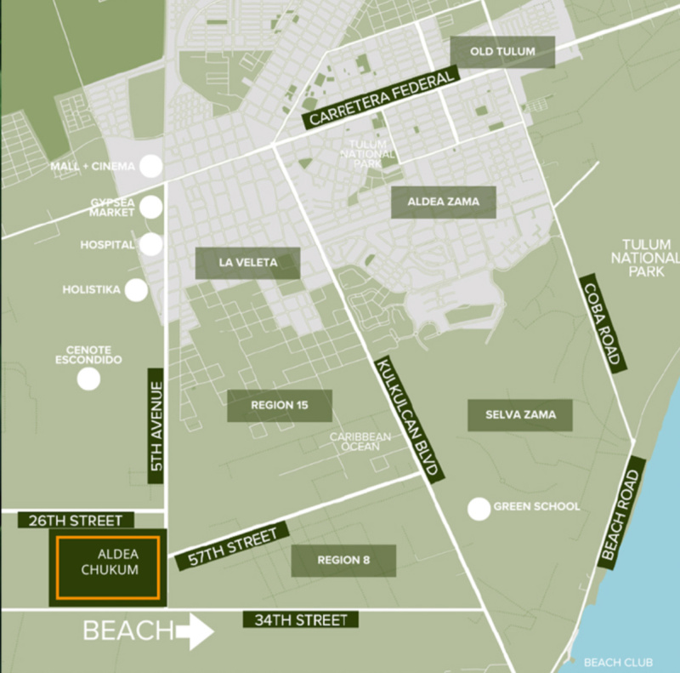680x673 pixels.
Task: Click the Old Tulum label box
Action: (x=502, y=52)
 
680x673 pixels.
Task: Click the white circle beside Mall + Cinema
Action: (x=151, y=165)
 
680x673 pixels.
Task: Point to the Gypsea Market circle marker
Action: (x=151, y=206)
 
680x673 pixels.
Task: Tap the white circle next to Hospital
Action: (x=151, y=245)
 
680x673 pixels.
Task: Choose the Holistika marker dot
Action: (x=136, y=290)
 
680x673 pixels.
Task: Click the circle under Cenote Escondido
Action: (x=88, y=378)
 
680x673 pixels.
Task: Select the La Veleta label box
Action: (x=248, y=263)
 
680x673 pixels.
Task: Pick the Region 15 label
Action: (x=279, y=406)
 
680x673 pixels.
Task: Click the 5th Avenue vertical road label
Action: (x=155, y=425)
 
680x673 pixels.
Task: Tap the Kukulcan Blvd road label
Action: (x=407, y=416)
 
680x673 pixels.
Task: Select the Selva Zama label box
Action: (x=520, y=414)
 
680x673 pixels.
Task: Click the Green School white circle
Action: (x=479, y=509)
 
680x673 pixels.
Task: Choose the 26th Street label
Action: (x=70, y=520)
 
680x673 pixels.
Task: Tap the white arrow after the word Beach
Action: (x=195, y=632)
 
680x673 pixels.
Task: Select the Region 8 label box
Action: (x=343, y=561)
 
